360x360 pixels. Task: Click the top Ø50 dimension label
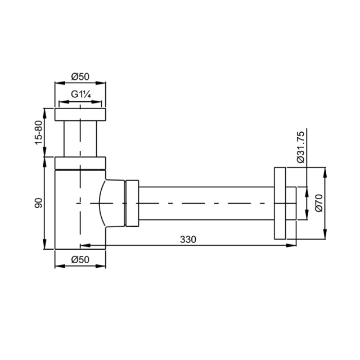pyautogui.click(x=80, y=76)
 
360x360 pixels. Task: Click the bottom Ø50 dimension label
pyautogui.click(x=80, y=260)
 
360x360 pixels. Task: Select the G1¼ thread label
pyautogui.click(x=81, y=94)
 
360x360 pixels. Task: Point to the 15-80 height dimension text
pyautogui.click(x=39, y=133)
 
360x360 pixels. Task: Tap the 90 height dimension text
pyautogui.click(x=39, y=203)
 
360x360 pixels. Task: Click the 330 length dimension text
pyautogui.click(x=188, y=240)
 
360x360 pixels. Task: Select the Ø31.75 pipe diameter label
pyautogui.click(x=300, y=147)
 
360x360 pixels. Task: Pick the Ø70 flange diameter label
pyautogui.click(x=319, y=203)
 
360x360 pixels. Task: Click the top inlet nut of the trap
pyautogui.click(x=80, y=114)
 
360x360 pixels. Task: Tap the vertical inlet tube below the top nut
pyautogui.click(x=80, y=139)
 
